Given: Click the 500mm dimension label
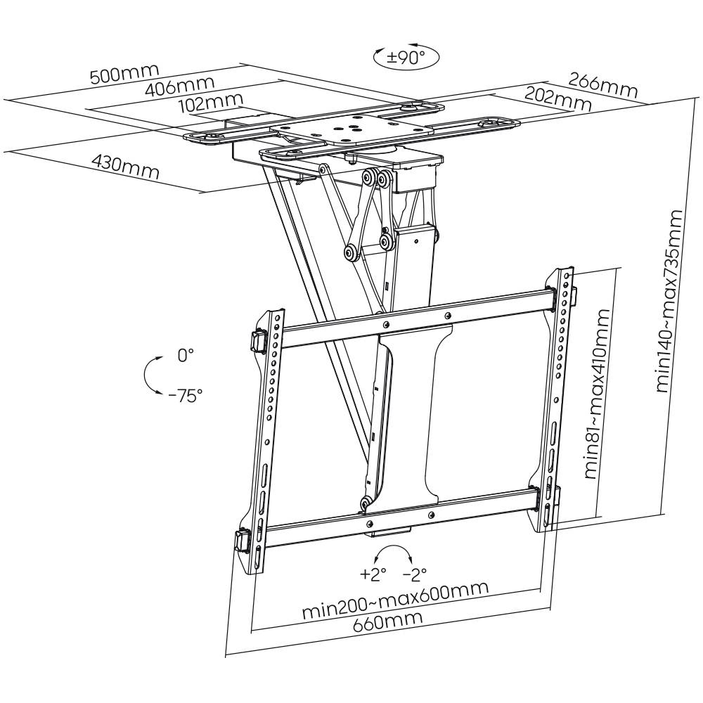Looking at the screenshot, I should pos(124,74).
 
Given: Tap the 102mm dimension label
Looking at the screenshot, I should pos(210,104).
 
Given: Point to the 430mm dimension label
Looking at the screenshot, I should pos(126,167).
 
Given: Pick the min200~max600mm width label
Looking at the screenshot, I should pos(396,602).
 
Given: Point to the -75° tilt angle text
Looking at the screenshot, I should pos(185,394).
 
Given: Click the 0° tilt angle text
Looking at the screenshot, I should pos(185,356).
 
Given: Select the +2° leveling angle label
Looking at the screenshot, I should pos(373,574).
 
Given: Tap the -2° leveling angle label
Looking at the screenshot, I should pos(414,574).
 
